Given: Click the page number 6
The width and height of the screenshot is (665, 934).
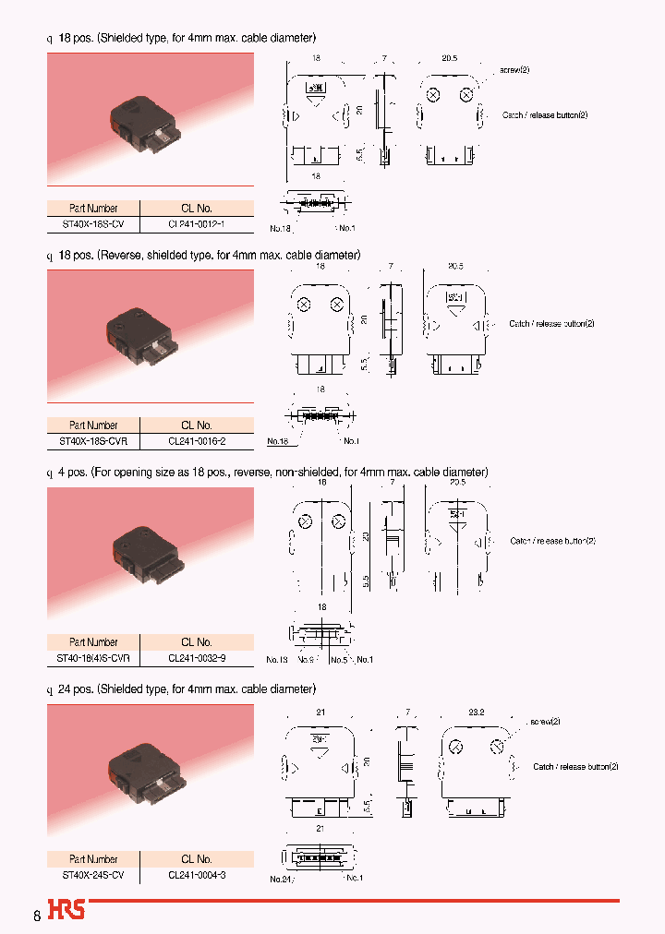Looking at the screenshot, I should pyautogui.click(x=37, y=916).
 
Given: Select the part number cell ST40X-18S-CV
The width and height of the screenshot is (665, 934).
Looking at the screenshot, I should pyautogui.click(x=93, y=222).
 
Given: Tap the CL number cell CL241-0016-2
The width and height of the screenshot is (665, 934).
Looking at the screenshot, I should pyautogui.click(x=197, y=441).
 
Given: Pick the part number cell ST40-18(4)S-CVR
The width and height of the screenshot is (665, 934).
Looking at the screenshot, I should pyautogui.click(x=93, y=658).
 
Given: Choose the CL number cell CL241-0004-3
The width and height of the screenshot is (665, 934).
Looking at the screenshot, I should pyautogui.click(x=197, y=874).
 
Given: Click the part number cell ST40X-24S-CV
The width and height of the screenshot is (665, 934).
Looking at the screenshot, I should pyautogui.click(x=93, y=874).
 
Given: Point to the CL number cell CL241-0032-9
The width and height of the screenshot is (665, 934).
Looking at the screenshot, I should pyautogui.click(x=197, y=658).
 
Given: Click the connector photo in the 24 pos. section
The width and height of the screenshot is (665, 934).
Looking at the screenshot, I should pyautogui.click(x=151, y=772).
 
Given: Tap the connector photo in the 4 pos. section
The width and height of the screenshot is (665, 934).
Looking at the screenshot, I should pyautogui.click(x=151, y=557).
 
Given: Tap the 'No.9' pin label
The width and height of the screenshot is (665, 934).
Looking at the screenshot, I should pyautogui.click(x=308, y=660).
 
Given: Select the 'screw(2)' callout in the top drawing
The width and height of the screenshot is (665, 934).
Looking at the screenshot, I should pyautogui.click(x=514, y=70).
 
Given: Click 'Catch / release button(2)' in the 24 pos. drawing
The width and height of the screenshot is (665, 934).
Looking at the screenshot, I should pyautogui.click(x=574, y=766).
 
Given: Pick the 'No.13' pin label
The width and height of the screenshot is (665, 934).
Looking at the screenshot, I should pyautogui.click(x=277, y=660).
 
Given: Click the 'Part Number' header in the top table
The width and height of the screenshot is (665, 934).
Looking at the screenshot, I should pyautogui.click(x=93, y=208).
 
